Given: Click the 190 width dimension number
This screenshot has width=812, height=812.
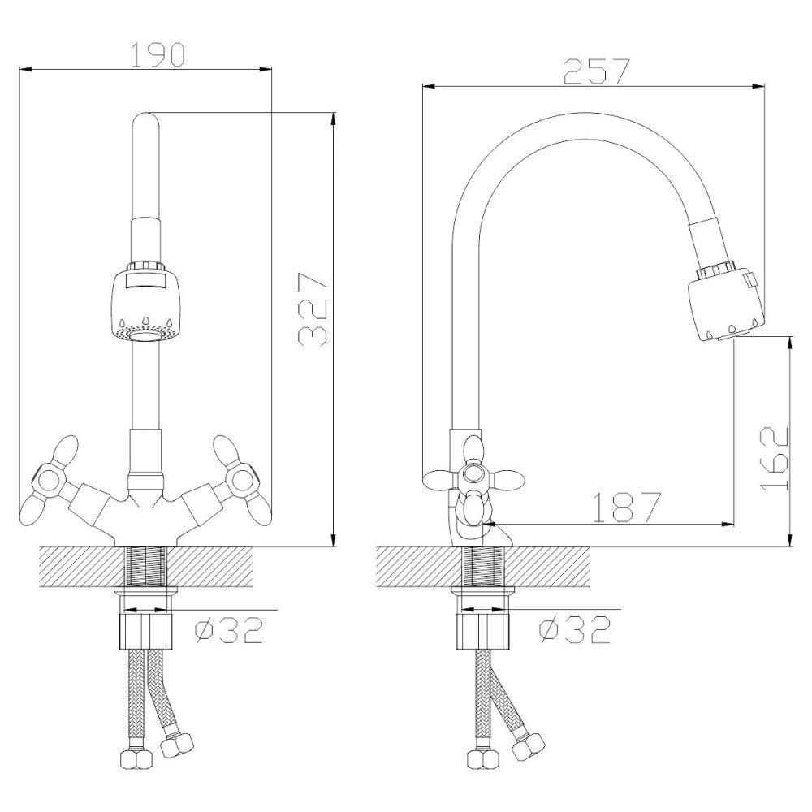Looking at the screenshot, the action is pyautogui.click(x=157, y=55).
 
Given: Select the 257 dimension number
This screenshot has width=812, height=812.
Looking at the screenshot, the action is pyautogui.click(x=596, y=72).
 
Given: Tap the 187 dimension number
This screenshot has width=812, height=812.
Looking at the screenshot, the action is pyautogui.click(x=627, y=507).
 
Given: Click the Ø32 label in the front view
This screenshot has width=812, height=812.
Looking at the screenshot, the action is pyautogui.click(x=229, y=630).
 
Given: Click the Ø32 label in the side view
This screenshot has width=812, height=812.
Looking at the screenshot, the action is pyautogui.click(x=575, y=630).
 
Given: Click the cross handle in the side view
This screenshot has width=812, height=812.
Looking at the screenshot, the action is pyautogui.click(x=473, y=477).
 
